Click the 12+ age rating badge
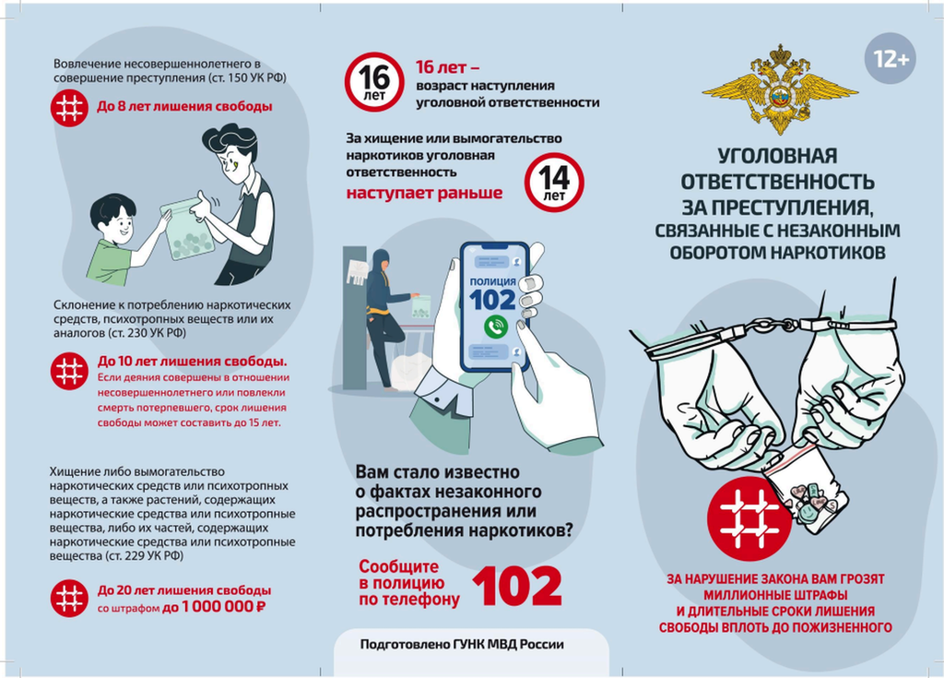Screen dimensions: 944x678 pos(890,58)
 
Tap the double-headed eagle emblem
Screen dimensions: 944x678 pos(780,88)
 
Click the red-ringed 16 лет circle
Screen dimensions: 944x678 pos(374,82)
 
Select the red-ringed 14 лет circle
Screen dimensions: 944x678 pos(554,182)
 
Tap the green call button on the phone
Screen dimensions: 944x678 pos(495,326)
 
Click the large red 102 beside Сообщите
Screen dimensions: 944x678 pos(517,585)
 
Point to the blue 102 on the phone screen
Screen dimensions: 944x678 pos(492,300)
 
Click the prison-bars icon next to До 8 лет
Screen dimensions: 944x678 pos(69,107)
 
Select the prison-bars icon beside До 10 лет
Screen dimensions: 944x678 pos(69,371)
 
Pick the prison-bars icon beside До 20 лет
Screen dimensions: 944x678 pos(69,598)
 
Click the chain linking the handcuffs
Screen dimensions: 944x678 pos(772,326)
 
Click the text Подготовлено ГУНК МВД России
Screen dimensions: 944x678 pos(462,644)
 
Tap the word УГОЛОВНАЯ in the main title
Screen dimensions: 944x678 pos(777,156)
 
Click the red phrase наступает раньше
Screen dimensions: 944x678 pos(424,193)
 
